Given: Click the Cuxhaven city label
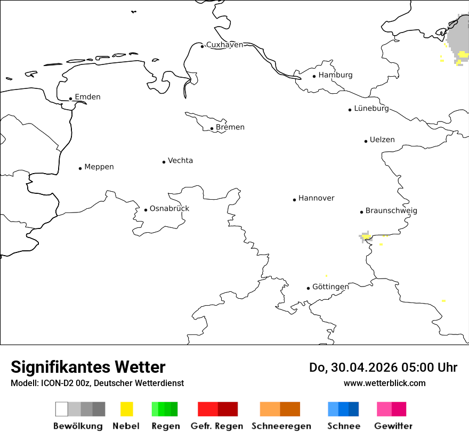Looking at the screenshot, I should pyautogui.click(x=224, y=45).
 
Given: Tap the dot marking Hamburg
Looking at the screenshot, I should pyautogui.click(x=314, y=76).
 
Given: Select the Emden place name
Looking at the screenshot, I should pyautogui.click(x=87, y=97).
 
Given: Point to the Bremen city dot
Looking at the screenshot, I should pyautogui.click(x=212, y=128).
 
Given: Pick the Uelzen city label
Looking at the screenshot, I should pyautogui.click(x=382, y=140).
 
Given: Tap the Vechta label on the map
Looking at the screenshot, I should pyautogui.click(x=180, y=160).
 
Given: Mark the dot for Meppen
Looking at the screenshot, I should pyautogui.click(x=80, y=168).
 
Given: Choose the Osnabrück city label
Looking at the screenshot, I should pyautogui.click(x=169, y=208).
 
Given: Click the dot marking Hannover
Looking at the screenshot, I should pyautogui.click(x=294, y=200).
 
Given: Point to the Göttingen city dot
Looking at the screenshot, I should pyautogui.click(x=308, y=288).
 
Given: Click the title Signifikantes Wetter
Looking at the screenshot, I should pyautogui.click(x=88, y=367).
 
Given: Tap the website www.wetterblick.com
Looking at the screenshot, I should pyautogui.click(x=384, y=383).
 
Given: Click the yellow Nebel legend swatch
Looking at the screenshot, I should pyautogui.click(x=126, y=409).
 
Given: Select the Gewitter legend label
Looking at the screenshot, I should pyautogui.click(x=393, y=426).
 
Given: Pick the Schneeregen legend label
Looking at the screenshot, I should pyautogui.click(x=281, y=426).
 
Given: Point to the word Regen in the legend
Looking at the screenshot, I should pyautogui.click(x=165, y=426).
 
